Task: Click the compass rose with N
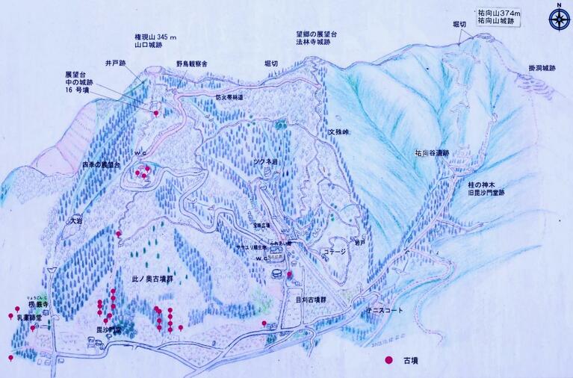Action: click(x=558, y=17)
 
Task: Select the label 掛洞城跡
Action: click(x=542, y=69)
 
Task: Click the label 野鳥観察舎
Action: click(x=192, y=65)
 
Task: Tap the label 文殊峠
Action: click(x=338, y=132)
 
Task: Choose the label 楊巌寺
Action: click(x=38, y=305)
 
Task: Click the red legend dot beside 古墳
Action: click(x=388, y=360)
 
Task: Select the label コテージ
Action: click(x=334, y=252)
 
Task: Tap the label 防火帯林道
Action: click(x=231, y=97)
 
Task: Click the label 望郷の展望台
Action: click(x=317, y=34)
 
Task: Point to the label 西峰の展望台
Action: click(x=102, y=164)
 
